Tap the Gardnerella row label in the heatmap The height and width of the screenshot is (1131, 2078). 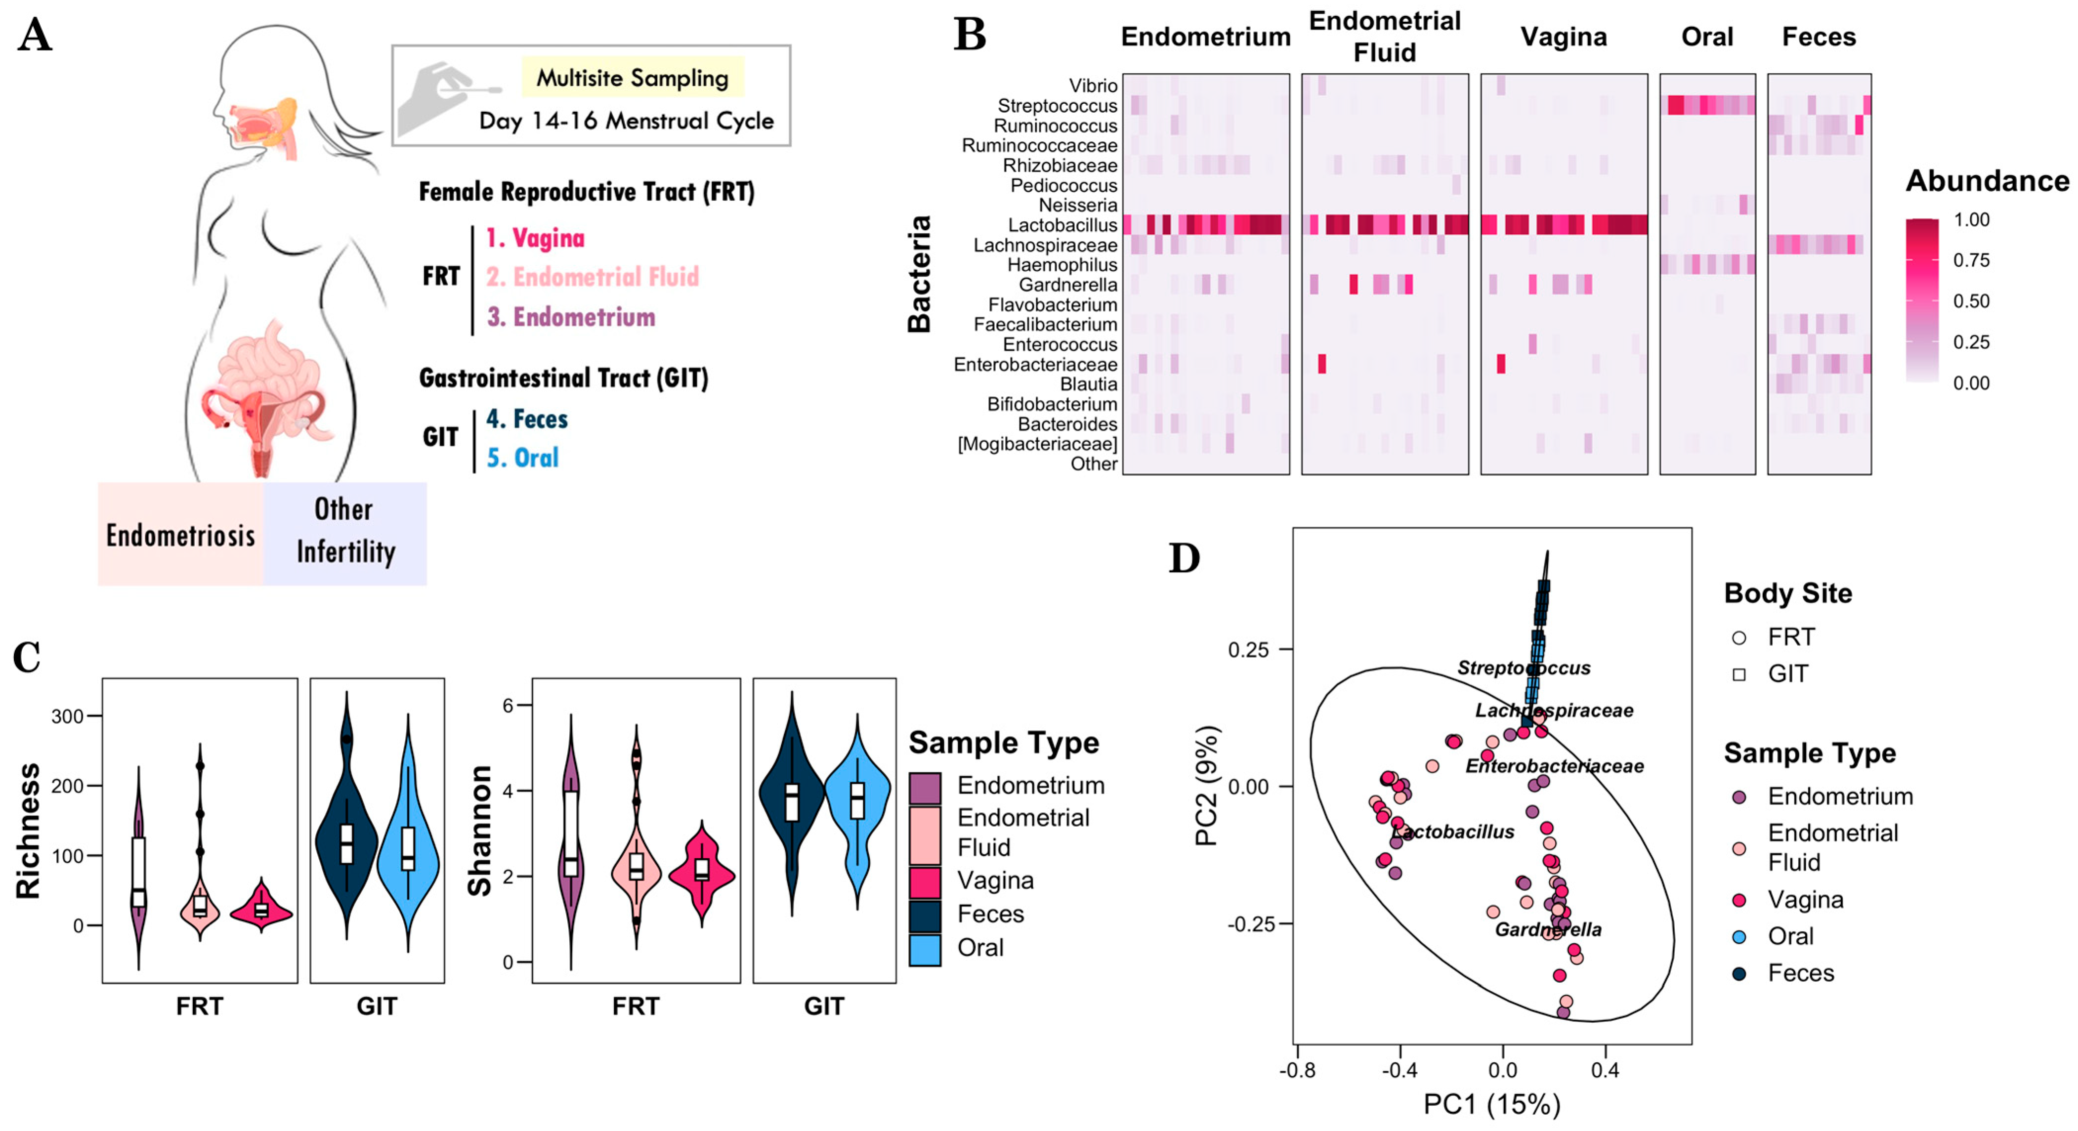point(1067,285)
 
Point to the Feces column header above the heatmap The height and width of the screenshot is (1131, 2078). point(1818,37)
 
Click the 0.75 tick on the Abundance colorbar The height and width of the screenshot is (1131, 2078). point(1971,260)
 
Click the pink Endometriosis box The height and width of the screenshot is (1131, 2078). point(181,535)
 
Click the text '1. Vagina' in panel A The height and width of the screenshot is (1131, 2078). point(535,238)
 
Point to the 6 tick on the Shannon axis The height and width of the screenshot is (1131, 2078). point(508,705)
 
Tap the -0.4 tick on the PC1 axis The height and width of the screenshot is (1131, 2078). point(1399,1071)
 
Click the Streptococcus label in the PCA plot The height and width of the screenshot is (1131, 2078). point(1523,668)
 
